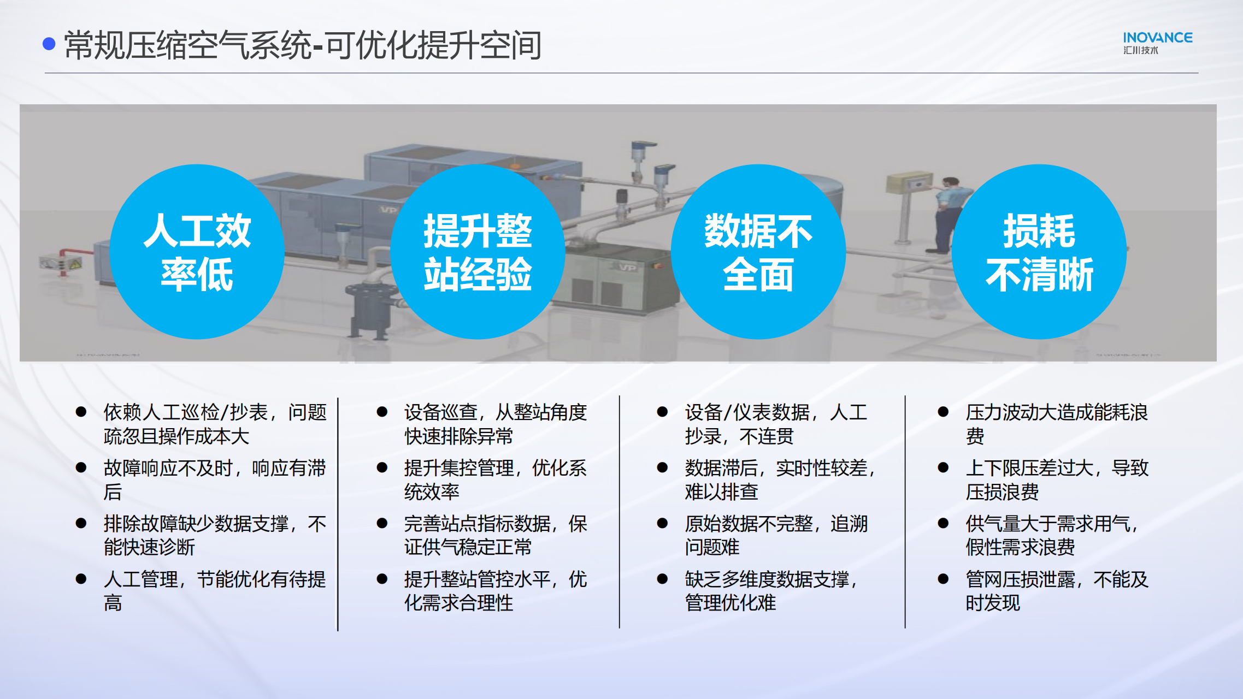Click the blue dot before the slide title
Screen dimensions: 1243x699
pos(49,44)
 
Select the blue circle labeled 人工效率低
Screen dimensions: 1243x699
pos(197,252)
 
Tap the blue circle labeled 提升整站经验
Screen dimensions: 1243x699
pos(478,252)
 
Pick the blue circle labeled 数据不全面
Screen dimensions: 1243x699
pos(758,252)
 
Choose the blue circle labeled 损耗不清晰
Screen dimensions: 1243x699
pos(1039,252)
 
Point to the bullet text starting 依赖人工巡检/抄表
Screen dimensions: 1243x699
pos(215,424)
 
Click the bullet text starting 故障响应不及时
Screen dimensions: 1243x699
pos(215,480)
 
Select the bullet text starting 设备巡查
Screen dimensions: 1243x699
pos(496,424)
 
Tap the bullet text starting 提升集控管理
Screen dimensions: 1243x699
pos(496,480)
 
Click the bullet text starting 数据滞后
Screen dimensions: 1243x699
pos(780,480)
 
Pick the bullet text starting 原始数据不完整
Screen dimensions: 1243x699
pos(776,536)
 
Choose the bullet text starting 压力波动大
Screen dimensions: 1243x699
pos(1057,424)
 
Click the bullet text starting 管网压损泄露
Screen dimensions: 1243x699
pos(1057,591)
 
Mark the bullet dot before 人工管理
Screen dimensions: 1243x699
pos(81,579)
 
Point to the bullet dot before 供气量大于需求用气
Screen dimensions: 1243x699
pos(943,523)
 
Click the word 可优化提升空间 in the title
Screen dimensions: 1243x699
pos(434,45)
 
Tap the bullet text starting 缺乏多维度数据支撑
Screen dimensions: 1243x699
pos(771,591)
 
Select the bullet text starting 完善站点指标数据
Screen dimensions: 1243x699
pos(496,536)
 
